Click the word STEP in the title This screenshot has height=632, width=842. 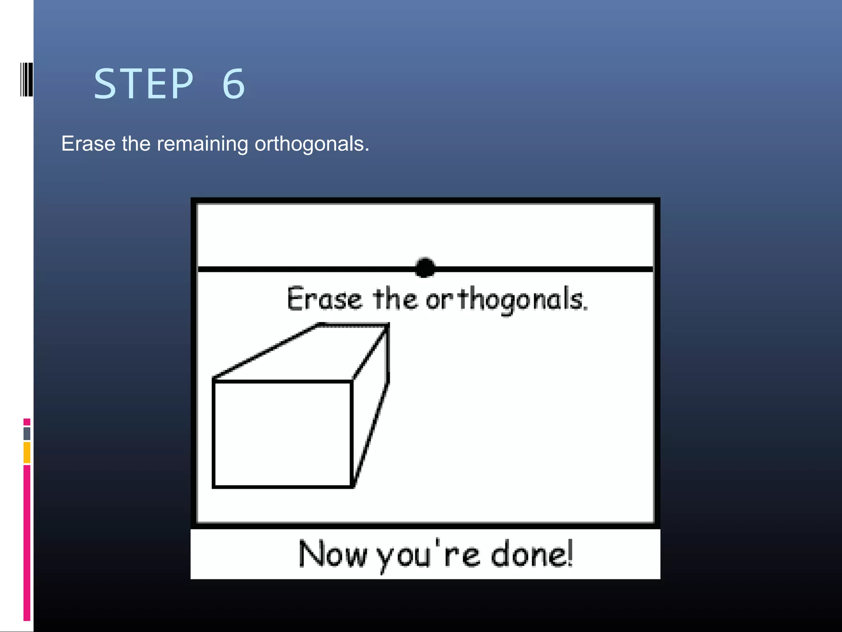pos(143,84)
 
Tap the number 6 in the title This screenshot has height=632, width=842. pos(234,84)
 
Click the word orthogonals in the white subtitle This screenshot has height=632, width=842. pos(312,144)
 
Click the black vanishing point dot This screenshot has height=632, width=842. pos(425,268)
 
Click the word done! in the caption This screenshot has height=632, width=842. pos(532,554)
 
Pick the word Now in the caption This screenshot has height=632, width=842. pos(332,554)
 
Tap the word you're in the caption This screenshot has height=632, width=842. pos(428,555)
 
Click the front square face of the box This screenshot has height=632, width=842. pos(282,434)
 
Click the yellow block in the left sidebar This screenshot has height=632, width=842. pos(27,453)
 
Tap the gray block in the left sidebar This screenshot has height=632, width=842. pos(27,433)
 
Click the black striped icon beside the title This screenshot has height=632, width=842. pos(26,79)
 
